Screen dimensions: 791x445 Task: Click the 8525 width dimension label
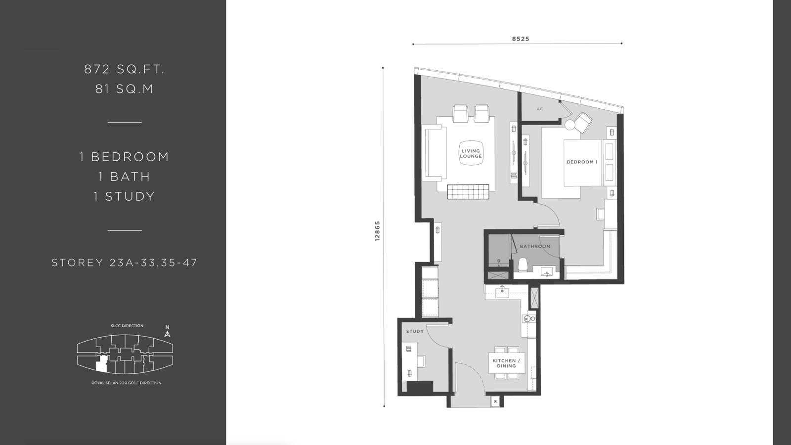point(521,39)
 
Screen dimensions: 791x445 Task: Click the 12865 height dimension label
point(378,231)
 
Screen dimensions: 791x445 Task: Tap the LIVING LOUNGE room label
point(471,154)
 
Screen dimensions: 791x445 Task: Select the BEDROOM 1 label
point(582,162)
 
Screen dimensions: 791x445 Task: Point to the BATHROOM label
point(535,247)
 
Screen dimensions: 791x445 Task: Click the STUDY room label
point(415,331)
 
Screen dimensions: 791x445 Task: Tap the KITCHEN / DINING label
point(506,363)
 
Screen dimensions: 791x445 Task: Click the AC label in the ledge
point(539,109)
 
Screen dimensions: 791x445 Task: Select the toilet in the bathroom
point(523,265)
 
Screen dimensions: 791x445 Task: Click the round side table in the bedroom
point(570,125)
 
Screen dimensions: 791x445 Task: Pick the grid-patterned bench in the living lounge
point(468,192)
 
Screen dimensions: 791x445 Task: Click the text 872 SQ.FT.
point(124,69)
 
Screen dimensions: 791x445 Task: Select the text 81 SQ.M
point(124,89)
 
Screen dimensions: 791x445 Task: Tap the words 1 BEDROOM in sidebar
point(124,157)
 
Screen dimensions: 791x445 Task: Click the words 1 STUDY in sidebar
point(124,196)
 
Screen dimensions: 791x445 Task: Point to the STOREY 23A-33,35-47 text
point(124,263)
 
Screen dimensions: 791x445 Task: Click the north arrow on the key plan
point(168,331)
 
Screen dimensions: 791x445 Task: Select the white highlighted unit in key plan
point(102,364)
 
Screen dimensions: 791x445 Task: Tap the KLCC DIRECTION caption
point(127,326)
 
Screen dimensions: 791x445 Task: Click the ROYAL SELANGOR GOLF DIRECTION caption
point(127,383)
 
